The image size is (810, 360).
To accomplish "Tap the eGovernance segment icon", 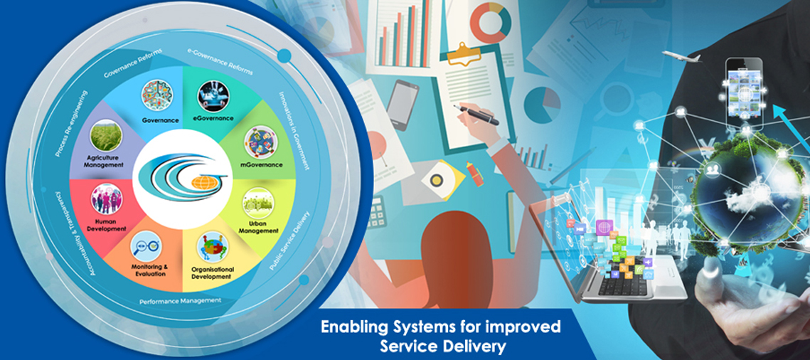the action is coord(213,97).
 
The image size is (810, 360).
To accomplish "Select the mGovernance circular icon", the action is coord(261,142).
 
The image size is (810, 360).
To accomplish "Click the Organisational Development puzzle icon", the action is coord(213,247).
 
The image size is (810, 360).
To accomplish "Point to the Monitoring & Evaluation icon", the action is coord(146,245).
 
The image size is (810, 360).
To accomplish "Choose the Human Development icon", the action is coord(107,198).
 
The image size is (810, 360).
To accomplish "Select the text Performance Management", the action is coord(181,301).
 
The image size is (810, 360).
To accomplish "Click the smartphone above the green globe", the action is coord(745,93).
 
